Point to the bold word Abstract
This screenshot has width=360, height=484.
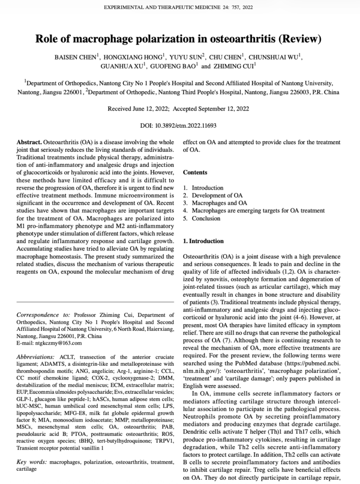(x=29, y=142)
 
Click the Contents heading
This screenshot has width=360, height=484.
(x=195, y=173)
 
